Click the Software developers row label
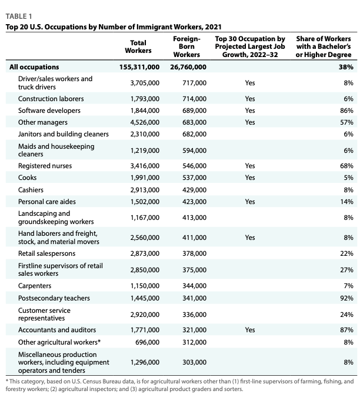(49, 110)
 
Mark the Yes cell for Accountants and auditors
(250, 330)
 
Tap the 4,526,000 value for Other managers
(144, 122)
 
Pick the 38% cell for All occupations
(345, 68)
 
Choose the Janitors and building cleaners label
(64, 134)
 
